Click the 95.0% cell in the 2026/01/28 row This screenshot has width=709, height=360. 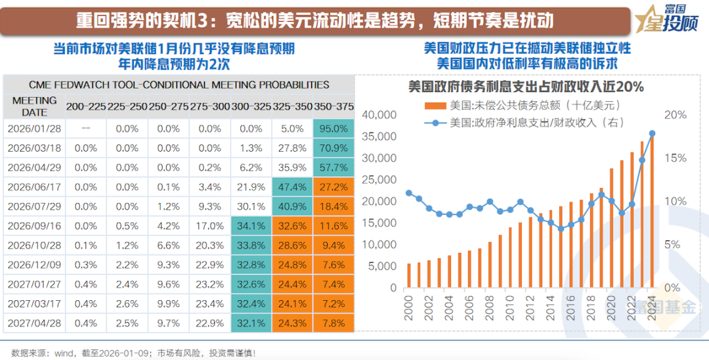333,129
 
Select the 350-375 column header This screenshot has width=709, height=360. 333,106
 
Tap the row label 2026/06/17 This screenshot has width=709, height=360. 34,187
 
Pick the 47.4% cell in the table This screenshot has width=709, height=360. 292,187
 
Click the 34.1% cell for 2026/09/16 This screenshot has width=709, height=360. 251,226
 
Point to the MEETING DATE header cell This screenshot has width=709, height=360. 34,106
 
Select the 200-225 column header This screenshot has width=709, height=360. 85,106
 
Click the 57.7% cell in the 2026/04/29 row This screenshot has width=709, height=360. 333,168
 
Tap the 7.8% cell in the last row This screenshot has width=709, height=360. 333,323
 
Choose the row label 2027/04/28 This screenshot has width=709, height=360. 34,323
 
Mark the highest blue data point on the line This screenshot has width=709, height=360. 653,133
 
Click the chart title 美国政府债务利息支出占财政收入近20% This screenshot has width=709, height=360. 525,87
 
